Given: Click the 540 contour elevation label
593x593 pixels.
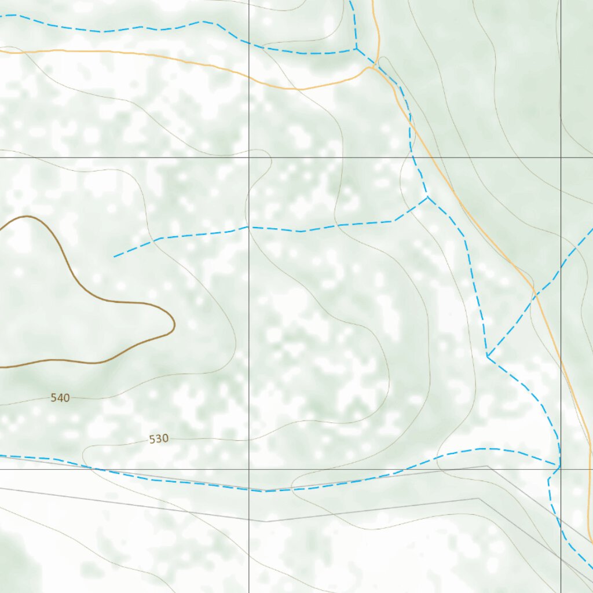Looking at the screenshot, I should [x=60, y=398].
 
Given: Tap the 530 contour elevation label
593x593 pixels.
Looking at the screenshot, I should [x=159, y=439].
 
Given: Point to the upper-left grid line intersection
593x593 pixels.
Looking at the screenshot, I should [x=249, y=157].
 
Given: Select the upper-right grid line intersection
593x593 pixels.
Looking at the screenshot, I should [x=561, y=157].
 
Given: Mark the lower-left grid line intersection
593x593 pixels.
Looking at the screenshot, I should [x=249, y=469].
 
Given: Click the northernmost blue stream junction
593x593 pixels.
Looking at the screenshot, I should [x=356, y=49].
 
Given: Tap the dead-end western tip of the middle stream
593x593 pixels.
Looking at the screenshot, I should [x=114, y=257].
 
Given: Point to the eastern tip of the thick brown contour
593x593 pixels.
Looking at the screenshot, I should [x=174, y=325].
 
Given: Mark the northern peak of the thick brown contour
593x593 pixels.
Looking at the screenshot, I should [x=26, y=217].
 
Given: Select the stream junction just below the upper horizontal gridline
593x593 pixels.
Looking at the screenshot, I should [x=428, y=197].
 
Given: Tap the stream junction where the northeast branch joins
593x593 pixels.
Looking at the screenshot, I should [x=488, y=356].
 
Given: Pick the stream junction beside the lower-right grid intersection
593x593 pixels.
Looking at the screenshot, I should [x=559, y=466].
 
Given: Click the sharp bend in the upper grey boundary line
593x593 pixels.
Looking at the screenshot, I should [x=487, y=466].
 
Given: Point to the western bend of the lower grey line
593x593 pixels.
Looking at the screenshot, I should [x=266, y=521].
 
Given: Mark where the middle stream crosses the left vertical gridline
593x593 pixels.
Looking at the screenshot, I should [x=249, y=227].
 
